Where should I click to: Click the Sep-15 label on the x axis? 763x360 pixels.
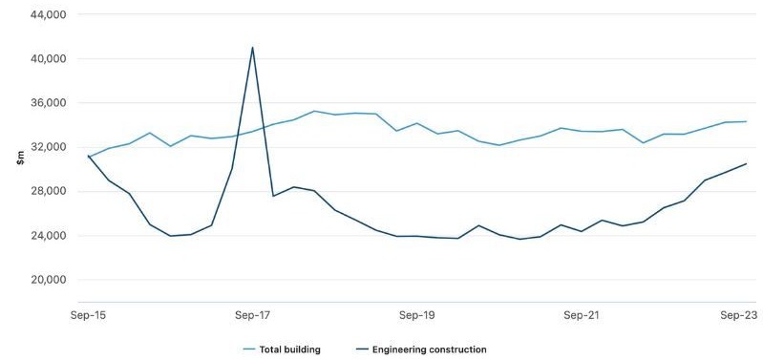tap(89, 313)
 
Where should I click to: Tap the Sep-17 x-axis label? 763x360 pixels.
tap(253, 313)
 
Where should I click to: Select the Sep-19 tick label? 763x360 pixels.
tap(417, 313)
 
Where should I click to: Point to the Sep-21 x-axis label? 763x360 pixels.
tap(582, 313)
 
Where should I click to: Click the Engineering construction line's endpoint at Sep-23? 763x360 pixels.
tap(746, 163)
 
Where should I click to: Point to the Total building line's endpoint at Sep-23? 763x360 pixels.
tap(746, 121)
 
